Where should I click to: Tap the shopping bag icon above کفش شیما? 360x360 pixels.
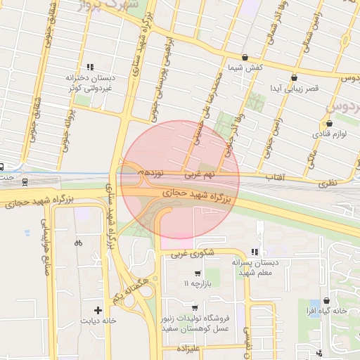pyautogui.click(x=245, y=58)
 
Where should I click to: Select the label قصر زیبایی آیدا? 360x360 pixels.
pyautogui.click(x=295, y=89)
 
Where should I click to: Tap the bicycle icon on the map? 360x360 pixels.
pyautogui.click(x=77, y=243)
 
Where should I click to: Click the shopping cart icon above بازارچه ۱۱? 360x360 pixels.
pyautogui.click(x=197, y=274)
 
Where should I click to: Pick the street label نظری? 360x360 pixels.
pyautogui.click(x=328, y=183)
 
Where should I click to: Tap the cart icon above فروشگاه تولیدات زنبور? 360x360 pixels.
pyautogui.click(x=194, y=309)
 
